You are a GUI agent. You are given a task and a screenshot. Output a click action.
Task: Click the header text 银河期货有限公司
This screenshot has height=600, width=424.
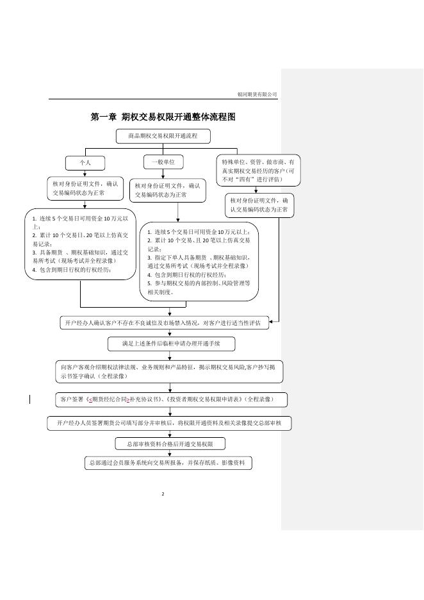point(257,94)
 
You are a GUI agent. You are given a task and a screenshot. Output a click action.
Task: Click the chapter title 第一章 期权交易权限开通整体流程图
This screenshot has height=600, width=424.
point(163,117)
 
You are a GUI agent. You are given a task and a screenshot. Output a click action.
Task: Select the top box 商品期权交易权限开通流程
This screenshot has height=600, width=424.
point(163,137)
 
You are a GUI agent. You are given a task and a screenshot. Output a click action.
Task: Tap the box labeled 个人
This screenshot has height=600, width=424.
point(85,163)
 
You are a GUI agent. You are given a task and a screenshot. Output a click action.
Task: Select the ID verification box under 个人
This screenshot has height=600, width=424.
point(85,188)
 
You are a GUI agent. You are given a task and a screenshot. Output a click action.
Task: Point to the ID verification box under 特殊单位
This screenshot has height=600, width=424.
point(259,204)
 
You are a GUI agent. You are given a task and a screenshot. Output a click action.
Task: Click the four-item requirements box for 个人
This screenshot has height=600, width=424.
point(81,244)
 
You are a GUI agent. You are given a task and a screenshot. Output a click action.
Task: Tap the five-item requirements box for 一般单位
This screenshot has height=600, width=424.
point(199,262)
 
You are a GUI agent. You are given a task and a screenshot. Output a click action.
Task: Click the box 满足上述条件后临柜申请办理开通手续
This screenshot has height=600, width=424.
point(171,344)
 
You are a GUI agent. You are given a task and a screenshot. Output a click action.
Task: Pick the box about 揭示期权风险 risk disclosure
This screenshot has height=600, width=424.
point(169,371)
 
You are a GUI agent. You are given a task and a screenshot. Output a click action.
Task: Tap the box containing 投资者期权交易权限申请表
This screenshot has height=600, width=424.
point(170,399)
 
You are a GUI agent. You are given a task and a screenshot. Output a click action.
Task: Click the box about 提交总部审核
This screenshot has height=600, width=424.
point(169,423)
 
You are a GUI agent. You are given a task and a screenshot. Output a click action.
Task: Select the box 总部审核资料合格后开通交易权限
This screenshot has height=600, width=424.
point(170,444)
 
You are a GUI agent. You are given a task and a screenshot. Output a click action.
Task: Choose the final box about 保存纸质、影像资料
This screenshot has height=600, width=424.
point(169,462)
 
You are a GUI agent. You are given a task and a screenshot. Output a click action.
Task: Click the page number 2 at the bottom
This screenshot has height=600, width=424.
point(163,494)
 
